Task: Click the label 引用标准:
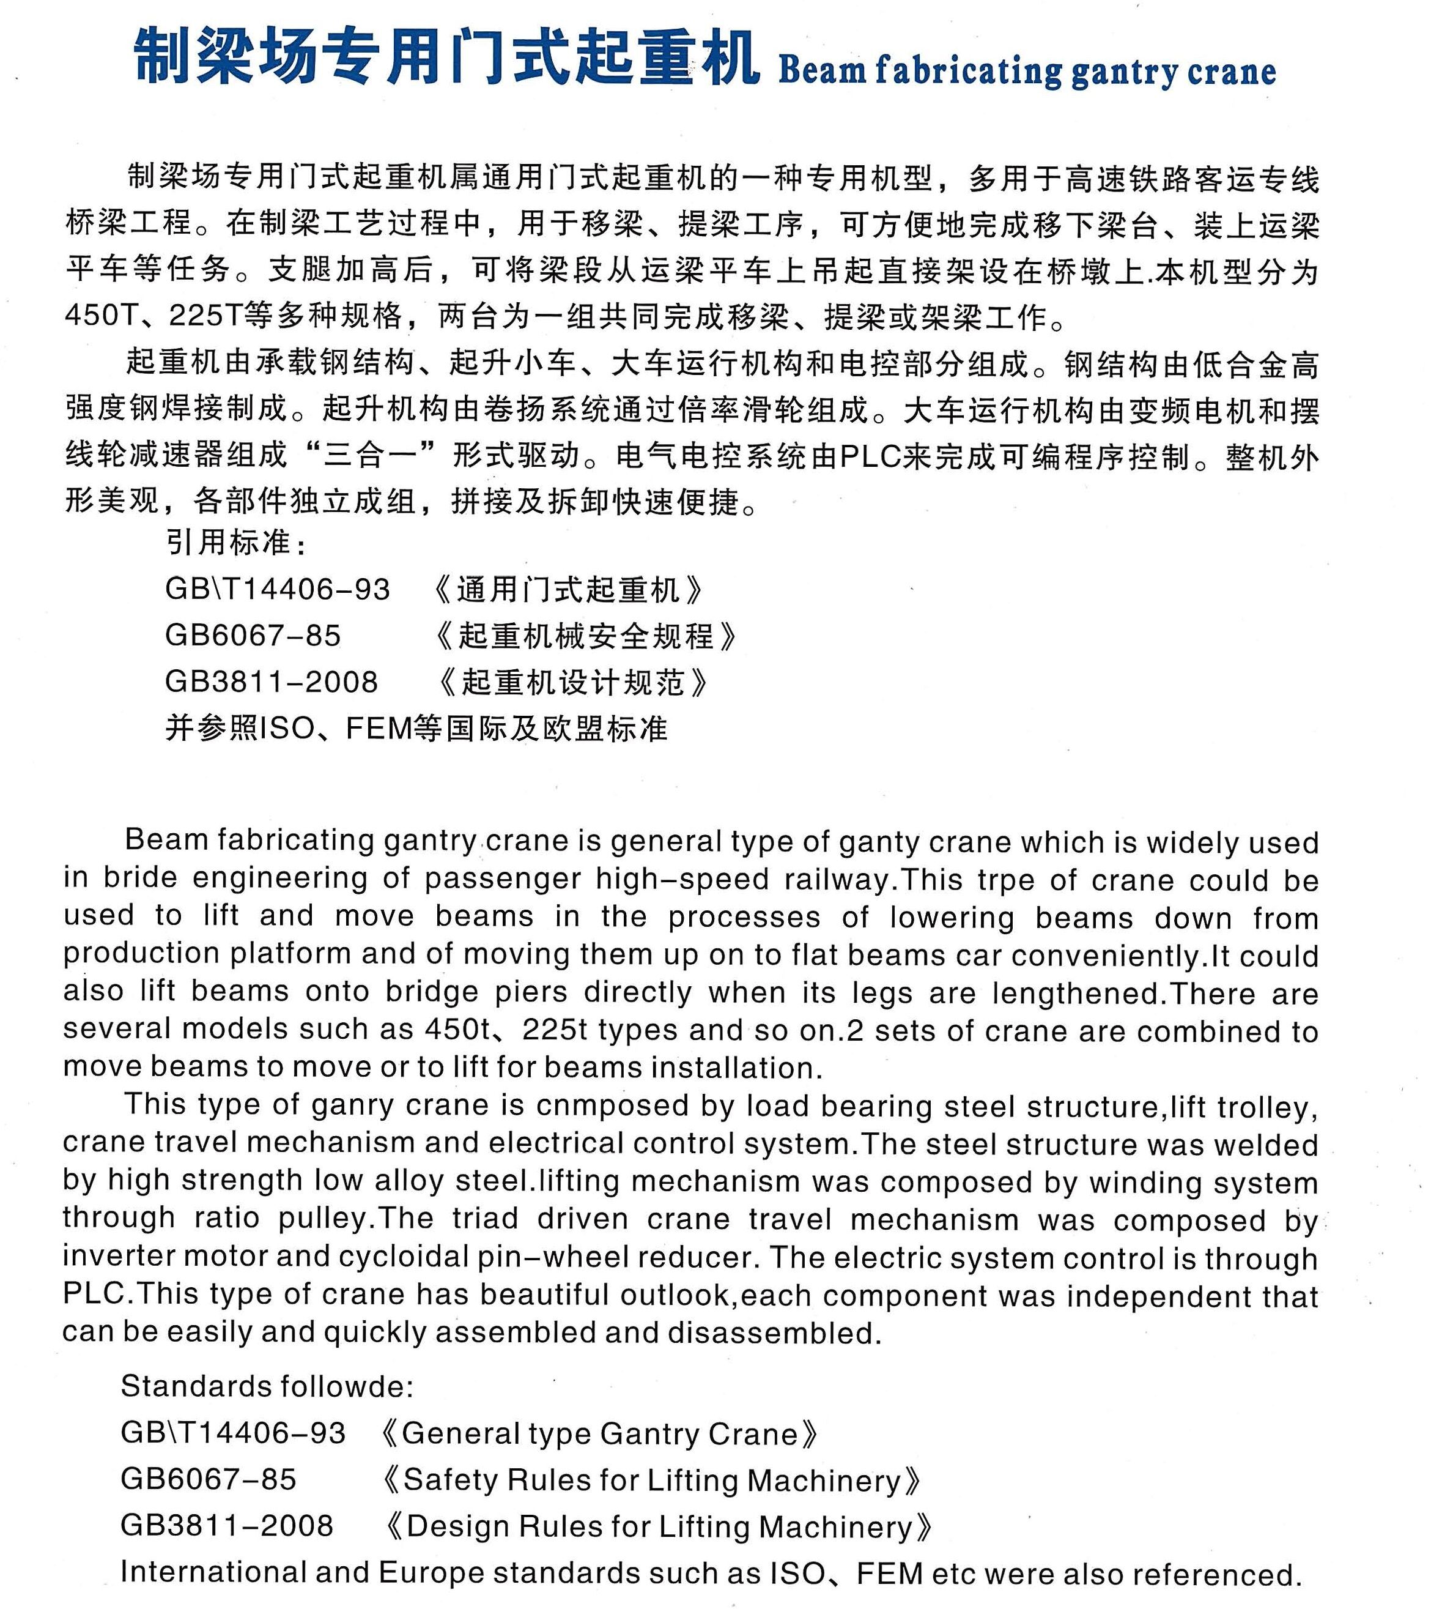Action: pyautogui.click(x=236, y=543)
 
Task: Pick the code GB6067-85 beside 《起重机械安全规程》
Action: pyautogui.click(x=253, y=635)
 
